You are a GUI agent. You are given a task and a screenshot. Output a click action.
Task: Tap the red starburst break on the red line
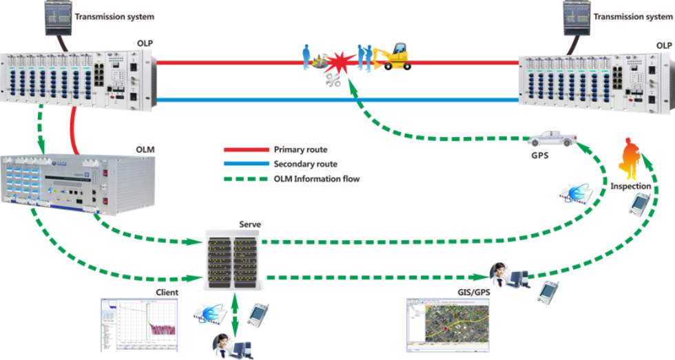point(338,61)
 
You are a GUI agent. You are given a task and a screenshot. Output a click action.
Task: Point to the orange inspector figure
point(630,159)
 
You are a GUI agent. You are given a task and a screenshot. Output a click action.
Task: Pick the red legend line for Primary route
point(245,149)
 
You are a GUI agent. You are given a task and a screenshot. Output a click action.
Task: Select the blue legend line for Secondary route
point(245,164)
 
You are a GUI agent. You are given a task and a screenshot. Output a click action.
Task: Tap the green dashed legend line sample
point(245,178)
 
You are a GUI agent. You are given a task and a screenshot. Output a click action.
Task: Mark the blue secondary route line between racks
point(337,100)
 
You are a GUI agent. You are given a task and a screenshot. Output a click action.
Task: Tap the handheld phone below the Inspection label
point(641,202)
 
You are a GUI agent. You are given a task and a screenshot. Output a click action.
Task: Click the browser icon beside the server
point(210,314)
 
